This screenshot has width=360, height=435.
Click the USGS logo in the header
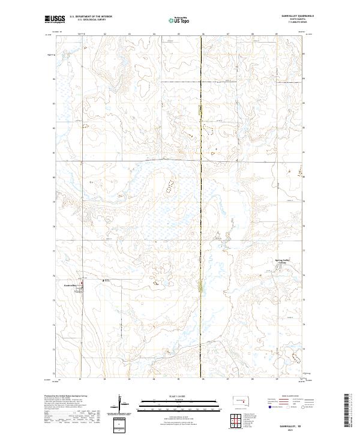click(55, 19)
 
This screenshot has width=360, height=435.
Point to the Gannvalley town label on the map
click(71, 286)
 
